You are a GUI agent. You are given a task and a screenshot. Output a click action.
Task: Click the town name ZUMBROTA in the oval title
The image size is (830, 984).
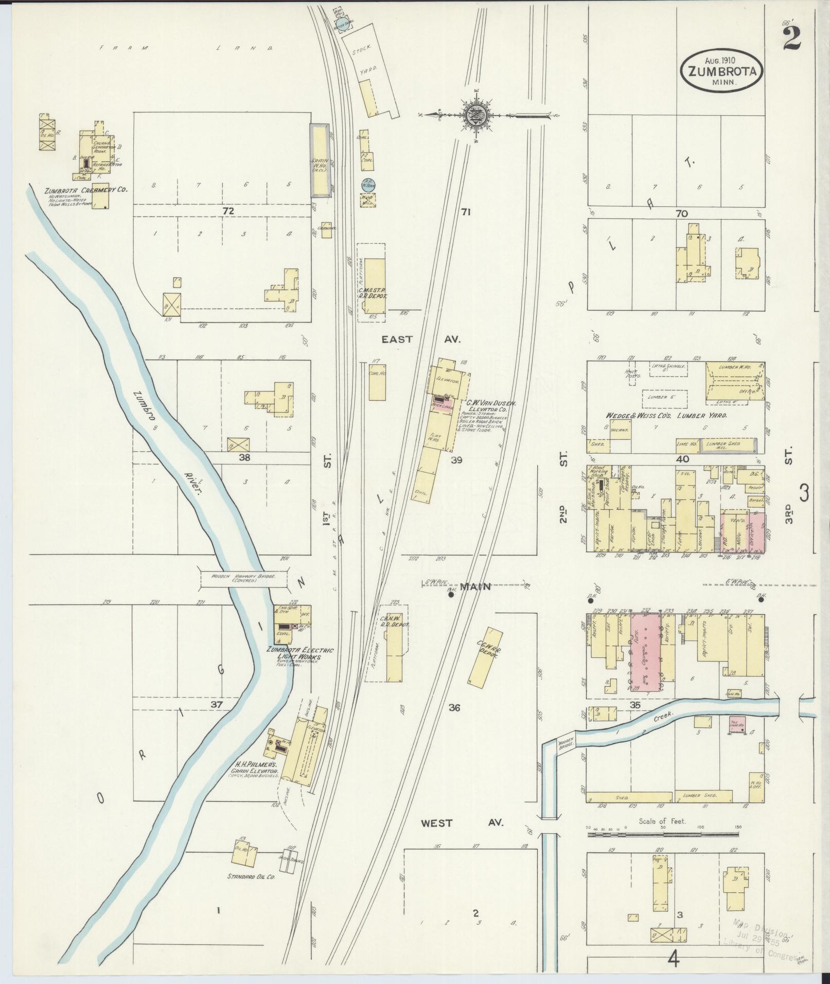point(721,71)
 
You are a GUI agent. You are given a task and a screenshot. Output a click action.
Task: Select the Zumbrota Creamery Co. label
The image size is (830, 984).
point(79,190)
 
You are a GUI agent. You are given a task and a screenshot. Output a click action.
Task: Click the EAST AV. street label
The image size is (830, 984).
point(420,339)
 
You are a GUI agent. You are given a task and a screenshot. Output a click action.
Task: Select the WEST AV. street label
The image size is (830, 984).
point(462,824)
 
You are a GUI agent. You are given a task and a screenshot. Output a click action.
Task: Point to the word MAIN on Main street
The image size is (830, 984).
point(476,586)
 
